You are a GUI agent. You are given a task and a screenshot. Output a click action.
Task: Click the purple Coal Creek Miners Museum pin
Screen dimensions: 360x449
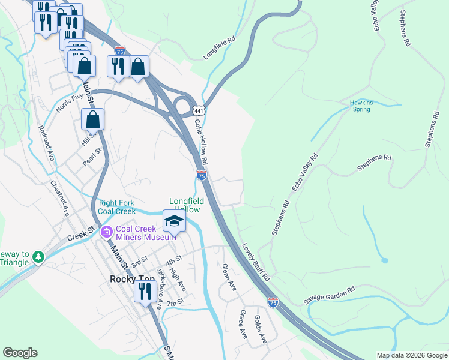[106, 231]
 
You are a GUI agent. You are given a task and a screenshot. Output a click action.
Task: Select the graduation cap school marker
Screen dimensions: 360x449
[173, 221]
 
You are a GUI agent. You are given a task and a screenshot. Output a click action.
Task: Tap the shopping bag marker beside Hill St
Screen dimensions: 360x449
[93, 120]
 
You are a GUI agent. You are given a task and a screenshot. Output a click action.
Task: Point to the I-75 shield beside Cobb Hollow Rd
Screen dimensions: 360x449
[202, 175]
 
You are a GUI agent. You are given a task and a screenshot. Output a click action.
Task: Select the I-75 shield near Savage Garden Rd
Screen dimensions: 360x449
[273, 303]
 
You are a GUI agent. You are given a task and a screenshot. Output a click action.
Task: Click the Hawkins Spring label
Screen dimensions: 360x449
[361, 106]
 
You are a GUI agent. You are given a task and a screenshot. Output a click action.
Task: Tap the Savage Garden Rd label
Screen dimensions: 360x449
[330, 294]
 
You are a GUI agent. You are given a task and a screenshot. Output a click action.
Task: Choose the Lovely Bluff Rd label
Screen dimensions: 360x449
[256, 262]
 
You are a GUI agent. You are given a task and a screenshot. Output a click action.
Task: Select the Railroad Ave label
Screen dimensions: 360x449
[46, 143]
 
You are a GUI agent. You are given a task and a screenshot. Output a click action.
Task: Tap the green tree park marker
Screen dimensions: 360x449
[39, 257]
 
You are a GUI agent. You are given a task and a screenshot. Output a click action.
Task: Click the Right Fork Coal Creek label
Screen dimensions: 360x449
[116, 207]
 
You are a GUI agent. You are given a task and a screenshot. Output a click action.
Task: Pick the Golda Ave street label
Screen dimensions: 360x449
[261, 329]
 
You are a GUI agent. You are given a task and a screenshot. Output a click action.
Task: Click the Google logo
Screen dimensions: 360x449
[20, 353]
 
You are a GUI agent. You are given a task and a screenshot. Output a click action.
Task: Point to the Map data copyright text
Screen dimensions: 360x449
[411, 355]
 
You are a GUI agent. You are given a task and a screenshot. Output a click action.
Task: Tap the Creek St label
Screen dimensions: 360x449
[82, 230]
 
